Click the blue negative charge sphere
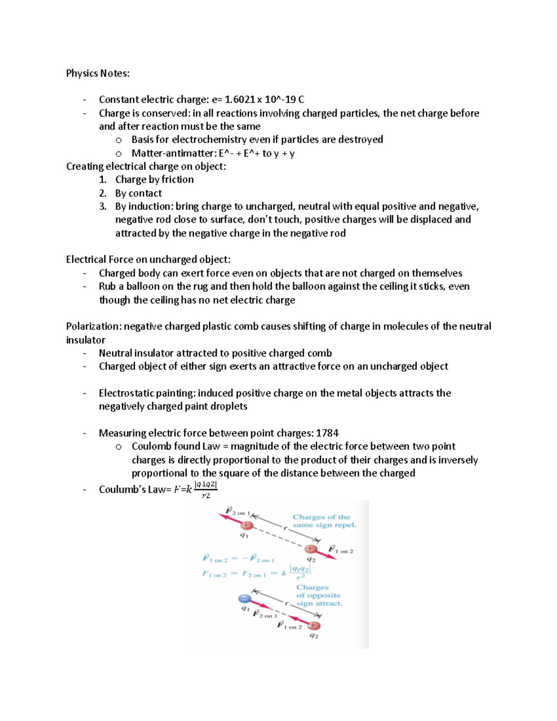coord(244,598)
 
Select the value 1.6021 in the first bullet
coord(240,99)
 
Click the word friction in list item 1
coord(178,180)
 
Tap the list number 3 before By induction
coord(103,207)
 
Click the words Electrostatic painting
coord(147,393)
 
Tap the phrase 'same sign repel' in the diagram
coord(324,525)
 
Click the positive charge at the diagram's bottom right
coord(314,626)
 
